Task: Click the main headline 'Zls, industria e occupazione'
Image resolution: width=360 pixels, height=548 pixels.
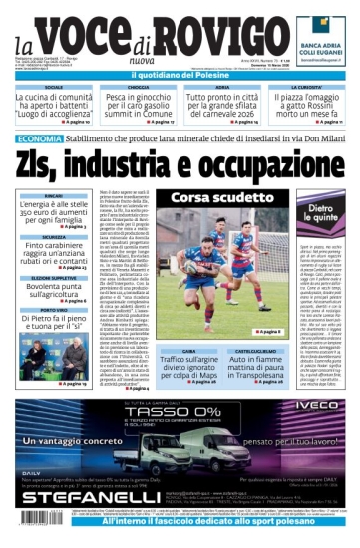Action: (180, 162)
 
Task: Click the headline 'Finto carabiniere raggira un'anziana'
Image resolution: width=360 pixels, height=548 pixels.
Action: (55, 253)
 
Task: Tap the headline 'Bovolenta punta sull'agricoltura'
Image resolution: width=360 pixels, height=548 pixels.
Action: (55, 291)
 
